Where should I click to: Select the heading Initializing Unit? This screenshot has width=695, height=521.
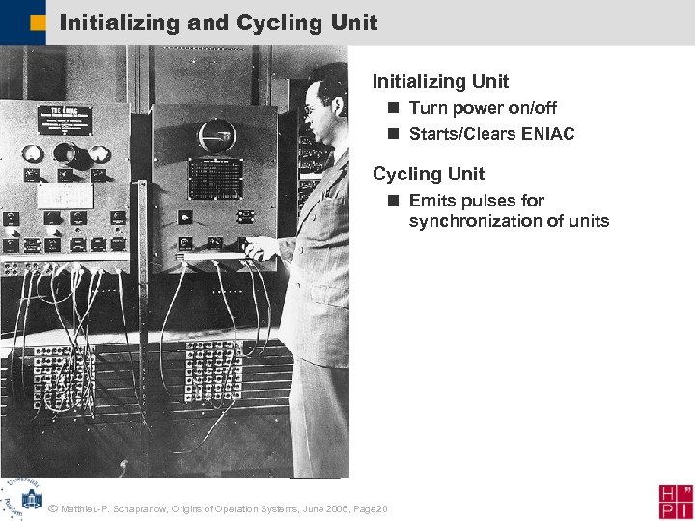coord(440,82)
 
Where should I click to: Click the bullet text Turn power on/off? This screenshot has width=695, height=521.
coord(482,108)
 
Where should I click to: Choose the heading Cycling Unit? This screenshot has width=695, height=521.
coord(428,175)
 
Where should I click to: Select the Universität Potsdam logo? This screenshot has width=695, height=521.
coord(21,497)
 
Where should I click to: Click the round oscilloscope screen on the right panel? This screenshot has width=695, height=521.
coord(216,134)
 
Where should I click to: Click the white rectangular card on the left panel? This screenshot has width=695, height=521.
coord(64,195)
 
